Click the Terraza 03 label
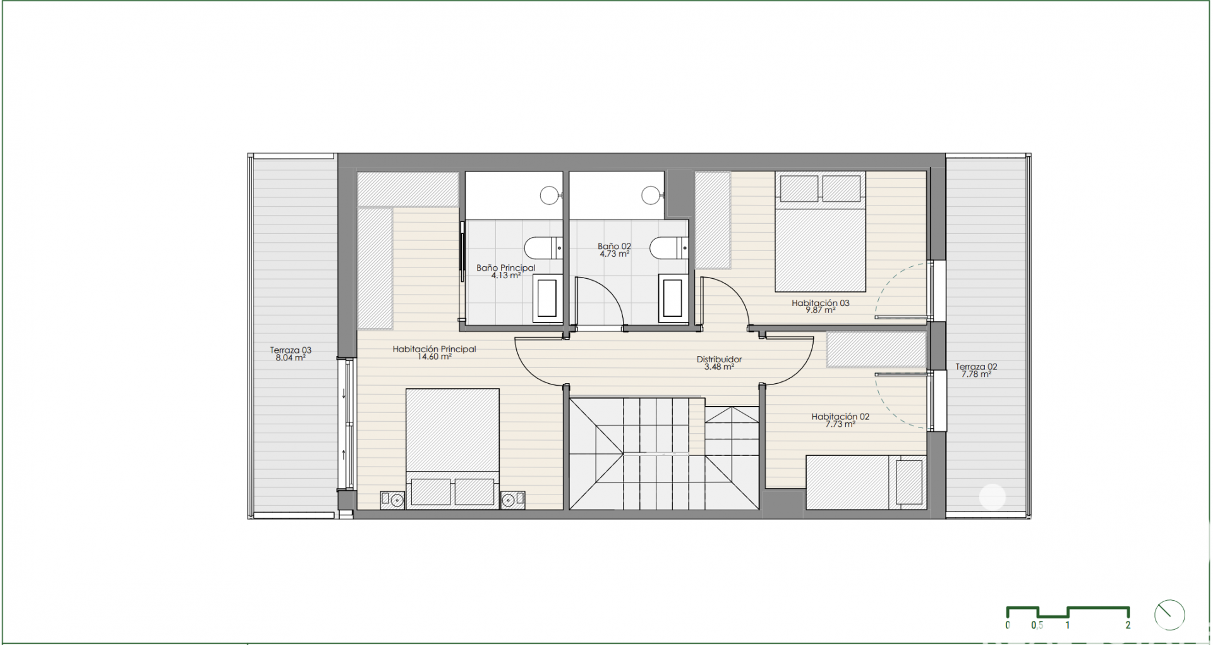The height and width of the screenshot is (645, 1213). tap(291, 350)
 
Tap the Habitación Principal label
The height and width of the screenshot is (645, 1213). tap(434, 348)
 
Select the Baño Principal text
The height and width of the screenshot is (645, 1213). tap(505, 267)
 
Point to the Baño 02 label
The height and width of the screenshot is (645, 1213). tap(614, 246)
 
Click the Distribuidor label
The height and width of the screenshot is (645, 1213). tap(719, 359)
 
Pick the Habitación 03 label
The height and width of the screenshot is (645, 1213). tap(820, 303)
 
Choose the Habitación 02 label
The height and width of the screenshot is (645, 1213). tap(840, 417)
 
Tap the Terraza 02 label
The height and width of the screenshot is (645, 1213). tap(976, 366)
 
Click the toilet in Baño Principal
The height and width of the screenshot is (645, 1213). tap(543, 248)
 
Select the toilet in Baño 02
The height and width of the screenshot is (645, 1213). tap(669, 248)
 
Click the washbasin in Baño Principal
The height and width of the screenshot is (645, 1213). tap(547, 298)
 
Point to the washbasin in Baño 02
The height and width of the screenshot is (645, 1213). tap(673, 298)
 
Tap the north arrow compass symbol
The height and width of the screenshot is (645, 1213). tap(1169, 615)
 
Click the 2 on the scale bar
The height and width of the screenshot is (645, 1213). tap(1128, 625)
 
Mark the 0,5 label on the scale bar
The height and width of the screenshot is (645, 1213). tap(1037, 625)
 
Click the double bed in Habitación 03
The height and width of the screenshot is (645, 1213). tap(820, 232)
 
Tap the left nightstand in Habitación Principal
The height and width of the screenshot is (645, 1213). tap(392, 500)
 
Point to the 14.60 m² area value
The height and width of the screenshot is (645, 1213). tap(434, 357)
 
